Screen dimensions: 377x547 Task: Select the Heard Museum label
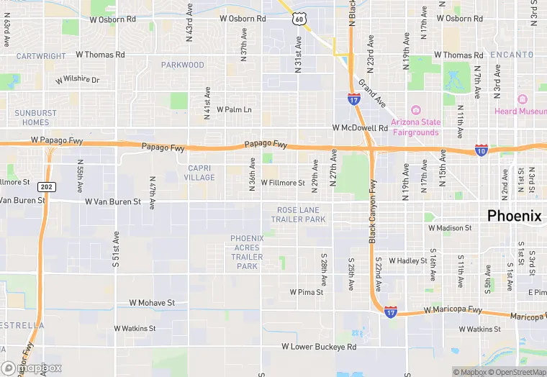(520, 111)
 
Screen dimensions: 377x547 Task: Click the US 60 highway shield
(299, 19)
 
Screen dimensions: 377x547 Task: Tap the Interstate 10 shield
(481, 150)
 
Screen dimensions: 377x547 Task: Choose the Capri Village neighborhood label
(199, 173)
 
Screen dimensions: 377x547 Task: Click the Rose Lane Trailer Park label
(302, 214)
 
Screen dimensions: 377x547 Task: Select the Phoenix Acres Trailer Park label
(247, 252)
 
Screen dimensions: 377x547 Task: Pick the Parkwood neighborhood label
(183, 65)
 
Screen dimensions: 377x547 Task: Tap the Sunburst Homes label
(35, 118)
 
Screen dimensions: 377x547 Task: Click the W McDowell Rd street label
(360, 128)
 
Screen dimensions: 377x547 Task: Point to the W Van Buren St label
(113, 202)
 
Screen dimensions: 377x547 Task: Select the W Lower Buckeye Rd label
(319, 347)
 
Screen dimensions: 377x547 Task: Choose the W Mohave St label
(152, 304)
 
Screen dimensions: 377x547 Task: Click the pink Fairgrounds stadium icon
(415, 110)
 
